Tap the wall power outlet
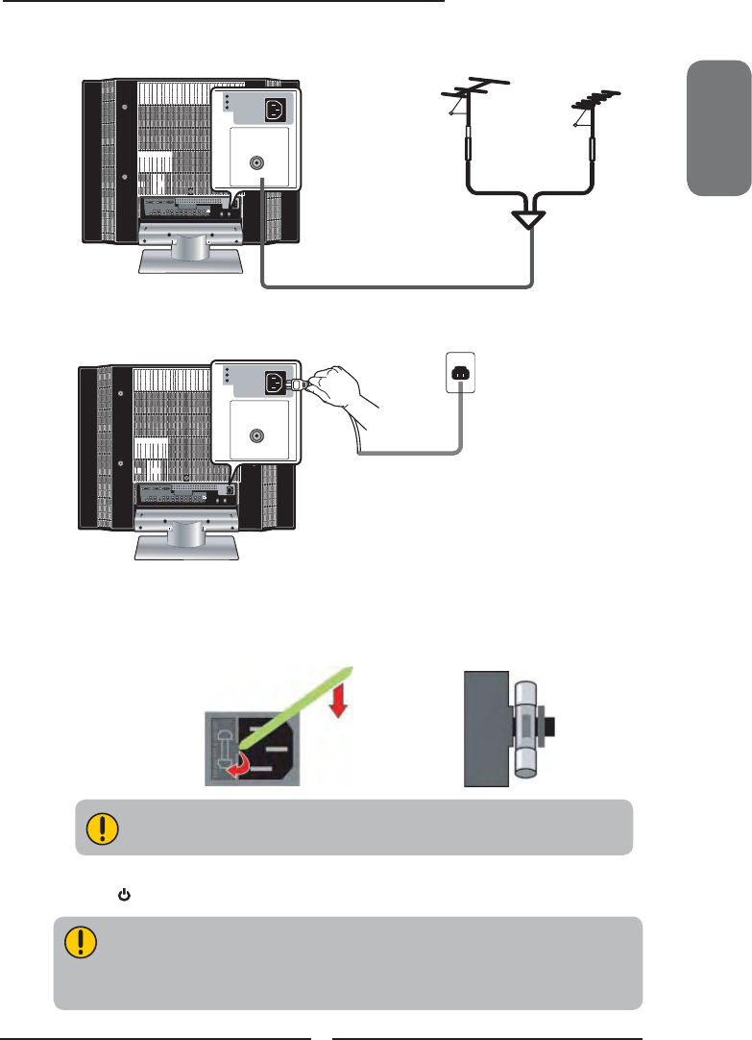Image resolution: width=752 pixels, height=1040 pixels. coord(461,374)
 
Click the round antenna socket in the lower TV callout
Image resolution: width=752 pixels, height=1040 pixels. coord(257,435)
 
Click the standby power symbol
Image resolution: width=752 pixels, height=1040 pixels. coord(123,895)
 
